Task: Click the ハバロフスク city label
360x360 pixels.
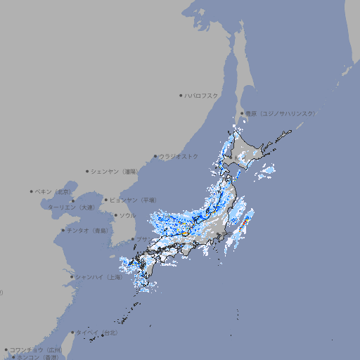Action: [202, 95]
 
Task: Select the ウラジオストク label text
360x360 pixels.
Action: [179, 156]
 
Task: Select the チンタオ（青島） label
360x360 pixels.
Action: [88, 230]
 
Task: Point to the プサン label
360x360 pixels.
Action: [143, 240]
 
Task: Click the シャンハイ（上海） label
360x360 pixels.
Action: [98, 277]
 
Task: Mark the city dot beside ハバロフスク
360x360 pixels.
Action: [181, 95]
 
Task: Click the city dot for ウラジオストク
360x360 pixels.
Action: [155, 156]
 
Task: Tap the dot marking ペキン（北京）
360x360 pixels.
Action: [32, 191]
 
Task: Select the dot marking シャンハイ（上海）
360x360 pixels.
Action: [72, 277]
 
